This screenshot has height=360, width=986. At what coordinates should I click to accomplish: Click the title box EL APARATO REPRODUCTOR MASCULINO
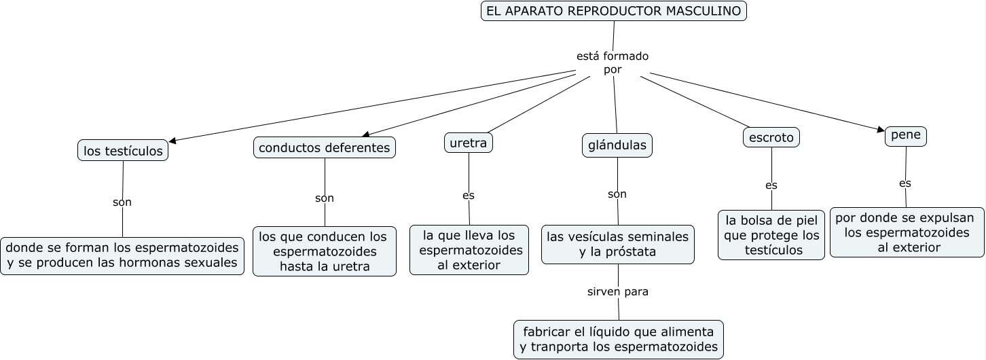coord(614,12)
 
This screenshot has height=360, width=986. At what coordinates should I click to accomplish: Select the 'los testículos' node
coord(123,151)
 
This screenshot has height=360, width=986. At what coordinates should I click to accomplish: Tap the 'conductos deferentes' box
coord(325,147)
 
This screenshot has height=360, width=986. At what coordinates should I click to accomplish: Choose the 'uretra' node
coord(468,143)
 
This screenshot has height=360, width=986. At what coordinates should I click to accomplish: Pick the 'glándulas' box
coord(617,145)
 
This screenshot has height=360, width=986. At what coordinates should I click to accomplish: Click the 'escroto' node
coord(771,137)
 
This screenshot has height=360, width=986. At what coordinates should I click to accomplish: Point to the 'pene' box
coord(906,136)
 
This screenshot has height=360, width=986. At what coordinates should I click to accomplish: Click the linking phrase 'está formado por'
coord(613,62)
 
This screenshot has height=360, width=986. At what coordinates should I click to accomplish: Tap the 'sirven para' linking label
coord(618,292)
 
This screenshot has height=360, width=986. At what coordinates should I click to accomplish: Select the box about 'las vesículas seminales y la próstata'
coord(618,245)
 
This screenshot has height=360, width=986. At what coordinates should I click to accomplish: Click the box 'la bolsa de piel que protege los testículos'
coord(771,235)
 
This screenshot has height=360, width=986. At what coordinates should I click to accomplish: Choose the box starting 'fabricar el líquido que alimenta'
coord(619,340)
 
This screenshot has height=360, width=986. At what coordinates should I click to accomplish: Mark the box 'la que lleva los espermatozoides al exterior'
coord(469,250)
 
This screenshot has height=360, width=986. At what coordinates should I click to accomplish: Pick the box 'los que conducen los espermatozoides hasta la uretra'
coord(325,251)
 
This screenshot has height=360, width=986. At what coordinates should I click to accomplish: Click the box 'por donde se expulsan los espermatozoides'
coord(907,232)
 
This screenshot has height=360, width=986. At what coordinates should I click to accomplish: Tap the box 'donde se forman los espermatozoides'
coord(122,255)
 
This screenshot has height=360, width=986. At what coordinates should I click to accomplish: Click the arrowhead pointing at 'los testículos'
coord(172,141)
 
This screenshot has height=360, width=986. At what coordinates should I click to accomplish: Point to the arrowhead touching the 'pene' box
coord(881,129)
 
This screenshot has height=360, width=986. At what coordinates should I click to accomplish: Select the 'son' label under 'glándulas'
coord(617,194)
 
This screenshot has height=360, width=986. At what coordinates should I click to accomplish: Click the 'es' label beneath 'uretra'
coord(469,196)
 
